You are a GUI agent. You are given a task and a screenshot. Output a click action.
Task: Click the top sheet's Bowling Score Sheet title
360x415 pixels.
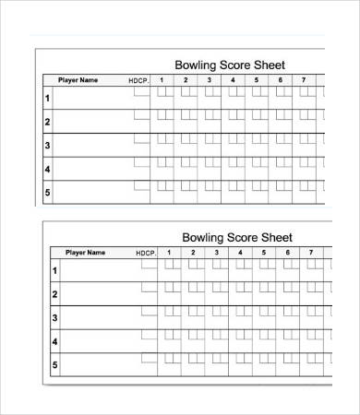(x=230, y=65)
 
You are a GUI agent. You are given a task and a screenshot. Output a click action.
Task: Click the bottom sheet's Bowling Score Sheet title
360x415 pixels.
(x=237, y=237)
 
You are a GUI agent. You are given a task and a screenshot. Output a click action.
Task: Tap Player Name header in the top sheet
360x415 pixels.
(x=78, y=80)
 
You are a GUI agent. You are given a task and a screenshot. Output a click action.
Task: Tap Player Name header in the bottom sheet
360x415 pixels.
(x=84, y=253)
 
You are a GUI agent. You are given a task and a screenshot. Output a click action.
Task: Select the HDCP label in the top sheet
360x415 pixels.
(x=138, y=81)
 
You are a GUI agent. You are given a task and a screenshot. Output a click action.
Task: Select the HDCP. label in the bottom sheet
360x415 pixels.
(x=147, y=253)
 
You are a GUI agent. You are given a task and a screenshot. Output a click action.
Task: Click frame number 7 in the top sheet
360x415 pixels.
(x=305, y=80)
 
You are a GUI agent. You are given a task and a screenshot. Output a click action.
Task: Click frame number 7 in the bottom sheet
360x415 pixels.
(x=311, y=252)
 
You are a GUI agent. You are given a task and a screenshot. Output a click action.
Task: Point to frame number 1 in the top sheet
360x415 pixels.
(x=161, y=80)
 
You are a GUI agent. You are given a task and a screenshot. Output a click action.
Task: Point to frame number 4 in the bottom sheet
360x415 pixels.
(x=240, y=252)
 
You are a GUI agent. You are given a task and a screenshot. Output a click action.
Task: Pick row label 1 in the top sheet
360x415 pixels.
(x=47, y=97)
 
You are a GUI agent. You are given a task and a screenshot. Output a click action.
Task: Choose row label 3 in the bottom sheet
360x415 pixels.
(x=54, y=318)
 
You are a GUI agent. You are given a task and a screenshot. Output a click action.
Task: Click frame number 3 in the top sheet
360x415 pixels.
(x=209, y=80)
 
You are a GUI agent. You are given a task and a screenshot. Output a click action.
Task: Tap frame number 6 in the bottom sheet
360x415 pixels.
(x=288, y=252)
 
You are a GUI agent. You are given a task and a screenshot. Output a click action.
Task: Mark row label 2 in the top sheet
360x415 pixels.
(x=47, y=121)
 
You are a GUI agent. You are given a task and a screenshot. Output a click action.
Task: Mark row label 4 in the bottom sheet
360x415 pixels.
(x=54, y=342)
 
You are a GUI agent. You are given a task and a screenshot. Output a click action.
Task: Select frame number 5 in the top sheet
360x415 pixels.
(x=257, y=80)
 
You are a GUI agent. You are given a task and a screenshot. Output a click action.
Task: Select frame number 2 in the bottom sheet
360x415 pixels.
(x=193, y=252)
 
